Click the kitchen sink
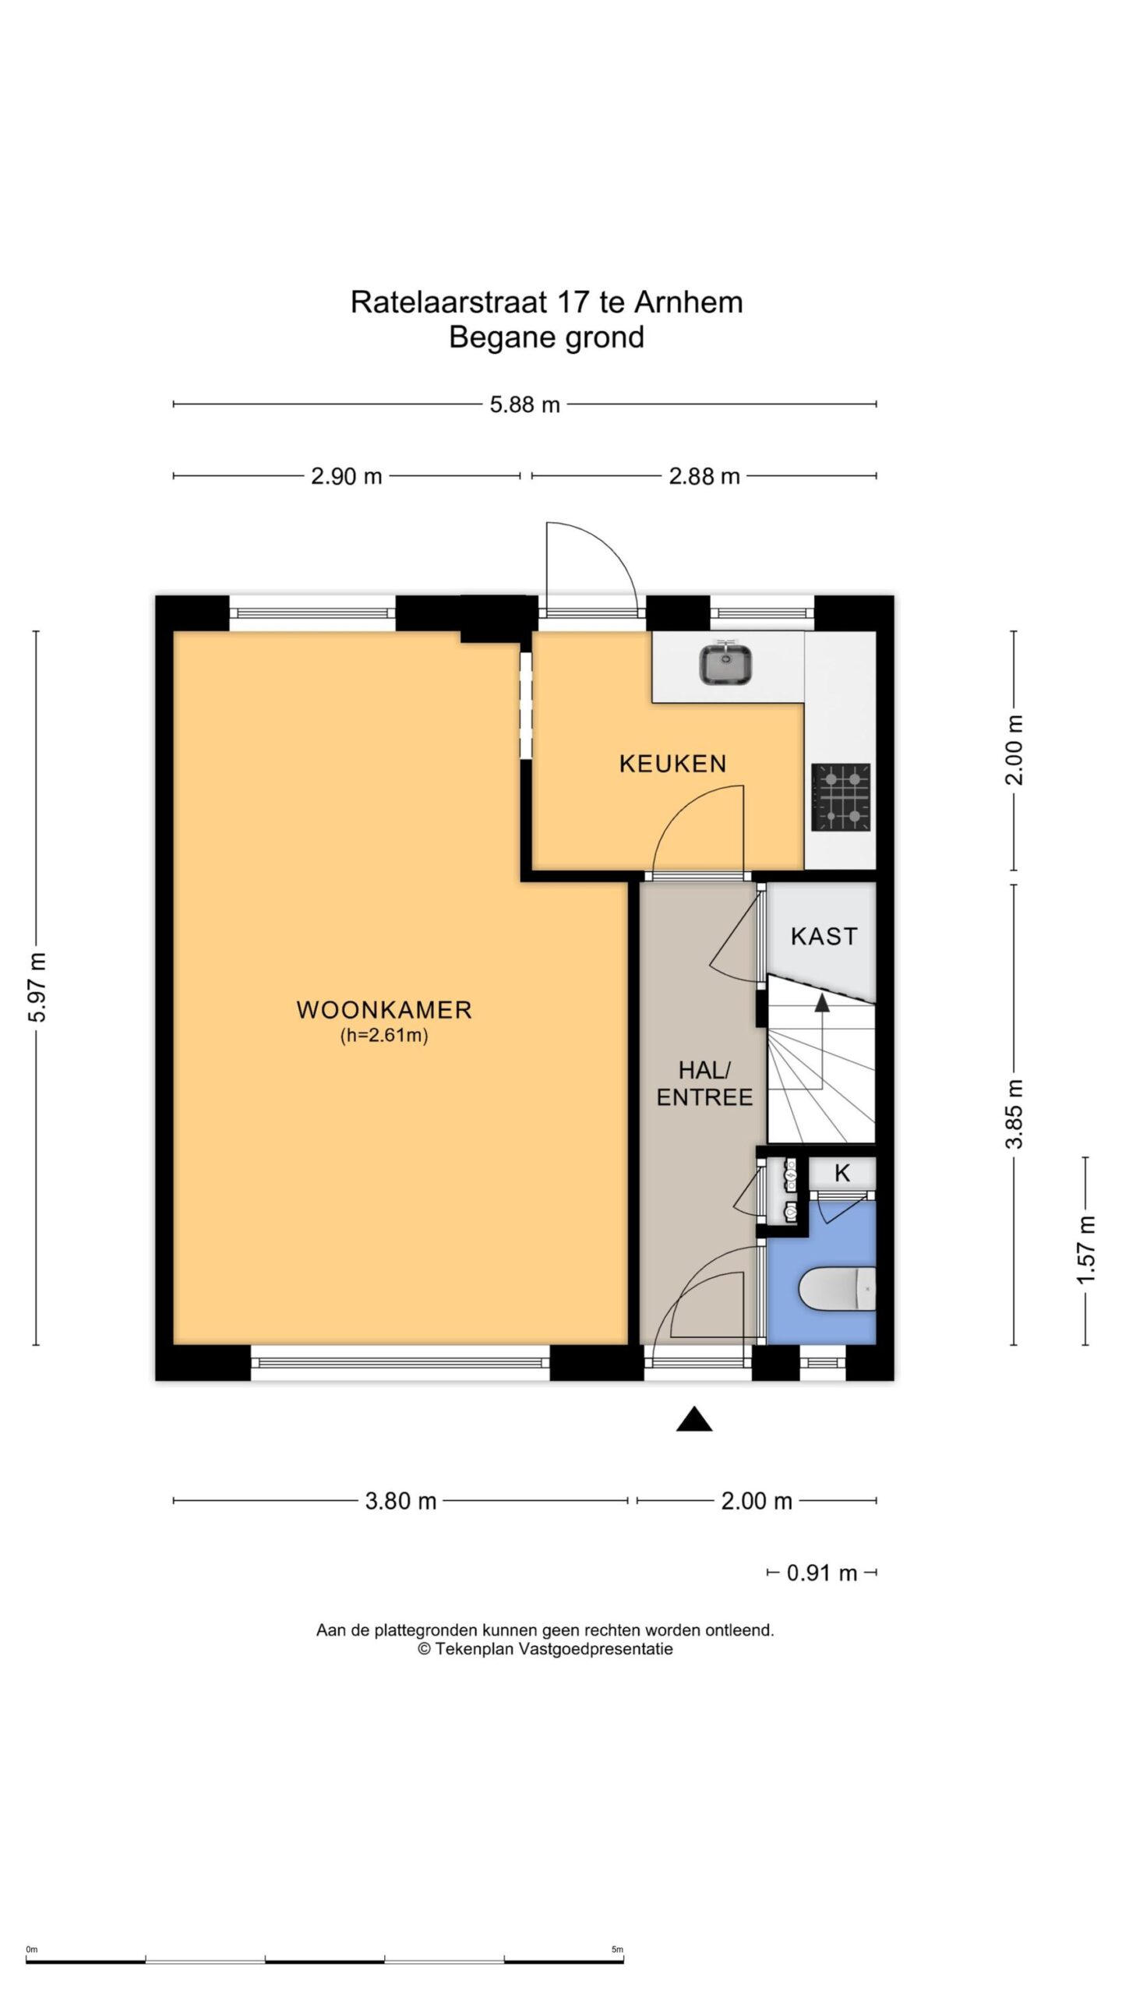click(x=725, y=664)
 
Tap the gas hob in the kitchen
click(x=841, y=797)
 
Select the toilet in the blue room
click(x=838, y=1288)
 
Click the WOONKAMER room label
click(x=384, y=1010)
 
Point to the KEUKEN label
click(x=672, y=764)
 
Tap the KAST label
click(x=824, y=936)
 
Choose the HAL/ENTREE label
click(x=704, y=1084)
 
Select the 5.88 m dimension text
click(x=525, y=405)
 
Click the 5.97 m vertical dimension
click(x=39, y=987)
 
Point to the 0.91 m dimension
click(x=821, y=1573)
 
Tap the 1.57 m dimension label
click(x=1087, y=1249)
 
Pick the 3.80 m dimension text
click(x=400, y=1501)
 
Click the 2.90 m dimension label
click(x=346, y=476)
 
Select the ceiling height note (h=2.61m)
click(x=384, y=1036)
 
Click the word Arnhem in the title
click(x=689, y=302)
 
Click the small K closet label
click(x=841, y=1173)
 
